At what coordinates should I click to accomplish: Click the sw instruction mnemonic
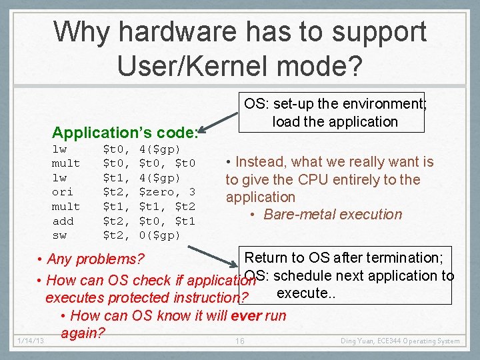coord(59,235)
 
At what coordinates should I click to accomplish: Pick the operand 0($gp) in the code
coord(159,235)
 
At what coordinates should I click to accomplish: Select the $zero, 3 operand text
coord(167,192)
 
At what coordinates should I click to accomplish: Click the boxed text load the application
coord(335,121)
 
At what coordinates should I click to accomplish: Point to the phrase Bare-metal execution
coord(333,215)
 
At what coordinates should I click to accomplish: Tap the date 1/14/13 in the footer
coord(31,341)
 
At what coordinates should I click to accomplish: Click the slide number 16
coord(241,341)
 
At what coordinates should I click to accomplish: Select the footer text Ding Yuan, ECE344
coord(373,341)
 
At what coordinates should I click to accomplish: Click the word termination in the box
coord(402,258)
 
